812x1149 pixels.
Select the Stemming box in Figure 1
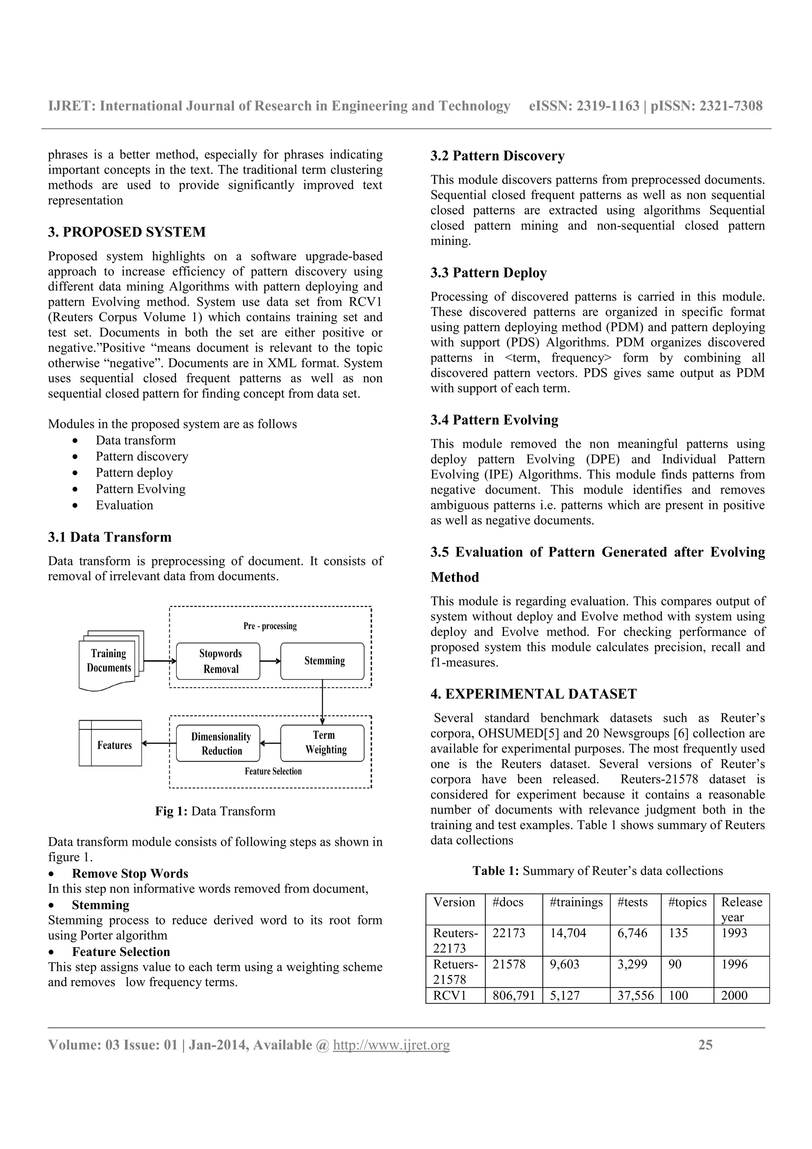pyautogui.click(x=322, y=661)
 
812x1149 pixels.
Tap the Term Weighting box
pyautogui.click(x=322, y=743)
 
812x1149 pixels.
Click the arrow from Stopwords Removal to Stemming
pyautogui.click(x=270, y=661)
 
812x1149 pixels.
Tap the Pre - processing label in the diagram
pyautogui.click(x=270, y=626)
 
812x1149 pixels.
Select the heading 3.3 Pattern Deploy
pyautogui.click(x=488, y=273)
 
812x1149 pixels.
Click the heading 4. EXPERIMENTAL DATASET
pyautogui.click(x=533, y=694)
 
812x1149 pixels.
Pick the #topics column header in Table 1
pyautogui.click(x=687, y=902)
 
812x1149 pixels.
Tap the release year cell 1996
pyautogui.click(x=734, y=964)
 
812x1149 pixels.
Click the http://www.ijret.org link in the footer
pyautogui.click(x=391, y=1045)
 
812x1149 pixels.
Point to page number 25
pyautogui.click(x=705, y=1045)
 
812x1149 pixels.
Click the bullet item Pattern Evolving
pyautogui.click(x=141, y=489)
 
